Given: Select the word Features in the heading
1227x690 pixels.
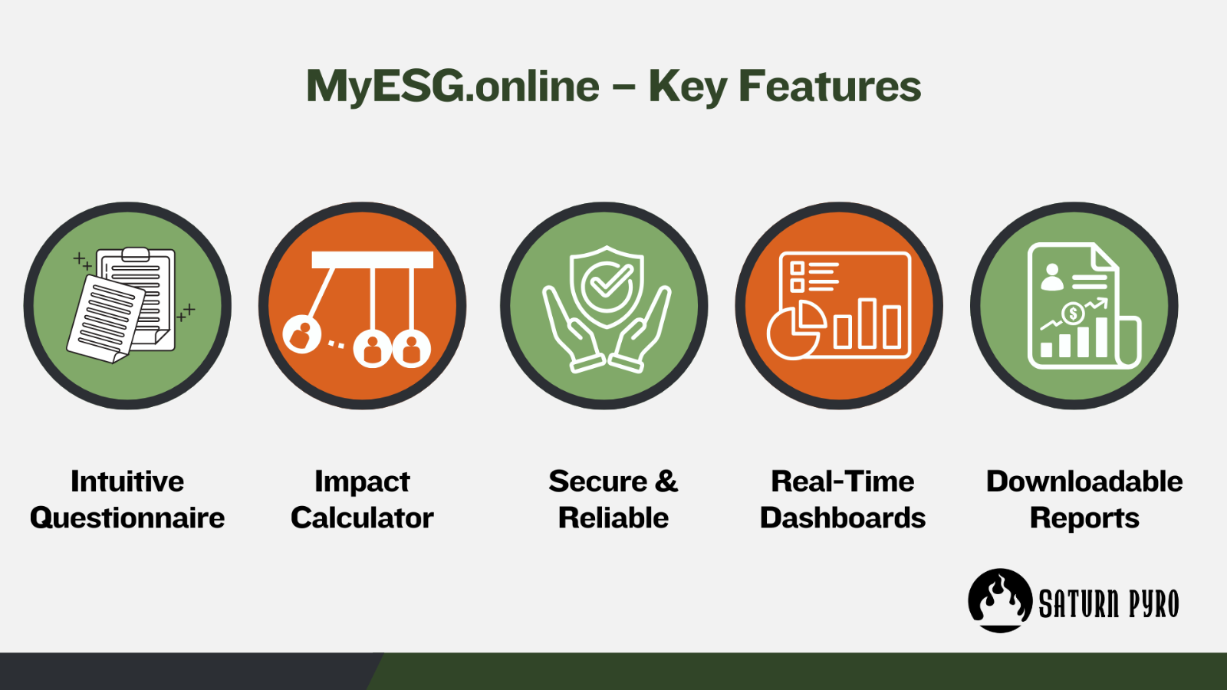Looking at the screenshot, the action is (830, 86).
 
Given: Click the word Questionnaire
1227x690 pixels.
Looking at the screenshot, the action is (127, 518).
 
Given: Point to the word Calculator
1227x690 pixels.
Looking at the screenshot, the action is (362, 517).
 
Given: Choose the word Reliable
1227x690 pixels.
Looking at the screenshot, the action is (613, 517).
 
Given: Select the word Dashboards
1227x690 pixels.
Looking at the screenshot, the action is (843, 517).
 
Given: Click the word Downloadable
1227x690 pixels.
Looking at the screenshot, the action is (1084, 481).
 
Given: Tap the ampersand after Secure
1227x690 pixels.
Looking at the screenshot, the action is (666, 481).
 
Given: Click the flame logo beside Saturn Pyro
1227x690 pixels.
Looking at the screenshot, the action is (1000, 600).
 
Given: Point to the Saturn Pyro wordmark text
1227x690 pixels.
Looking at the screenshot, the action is (1109, 603).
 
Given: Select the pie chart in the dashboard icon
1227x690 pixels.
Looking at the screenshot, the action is (796, 330).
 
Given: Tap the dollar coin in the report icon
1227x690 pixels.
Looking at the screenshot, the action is (1073, 314).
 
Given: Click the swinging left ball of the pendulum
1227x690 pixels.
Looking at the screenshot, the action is (302, 334).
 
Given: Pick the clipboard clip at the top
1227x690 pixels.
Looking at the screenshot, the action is (135, 254).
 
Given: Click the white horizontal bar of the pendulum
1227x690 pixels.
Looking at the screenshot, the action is (373, 260).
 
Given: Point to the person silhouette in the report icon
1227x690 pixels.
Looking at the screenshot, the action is (1051, 277).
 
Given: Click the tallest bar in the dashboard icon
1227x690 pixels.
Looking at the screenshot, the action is (867, 323).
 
